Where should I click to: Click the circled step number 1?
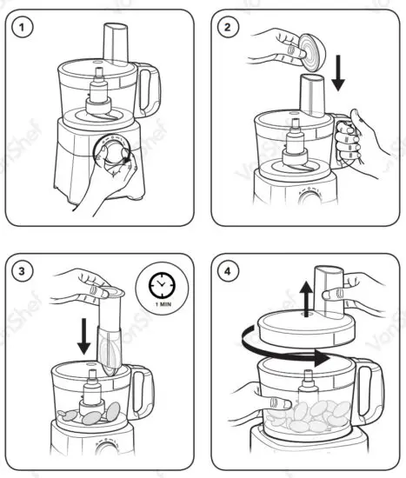28,28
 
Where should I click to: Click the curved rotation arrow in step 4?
287,353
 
